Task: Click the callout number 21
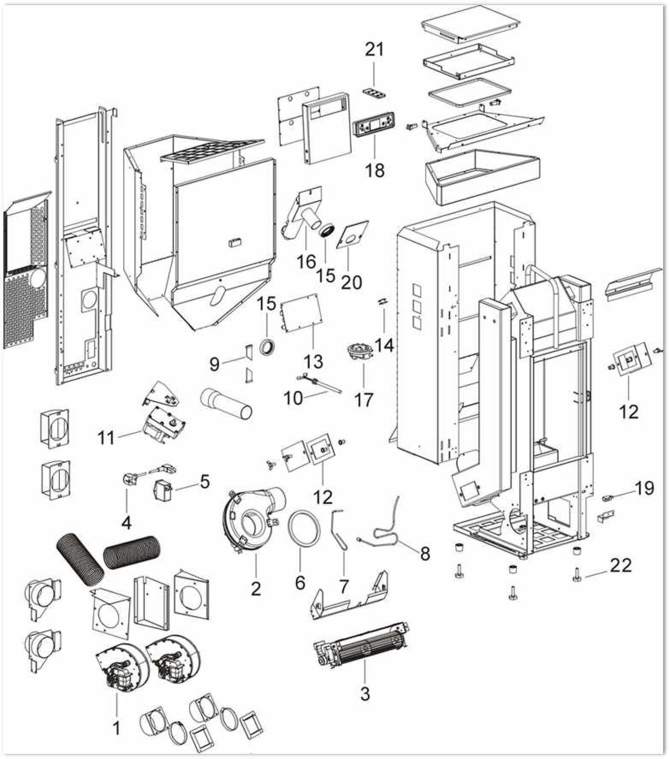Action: point(374,49)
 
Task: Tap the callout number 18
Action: point(374,170)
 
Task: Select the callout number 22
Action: point(621,565)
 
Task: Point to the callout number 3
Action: point(364,693)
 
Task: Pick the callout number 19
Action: point(644,488)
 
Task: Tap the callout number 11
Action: point(106,437)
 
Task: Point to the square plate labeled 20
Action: point(352,234)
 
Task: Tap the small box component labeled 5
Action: point(162,489)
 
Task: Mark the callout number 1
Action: point(115,728)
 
